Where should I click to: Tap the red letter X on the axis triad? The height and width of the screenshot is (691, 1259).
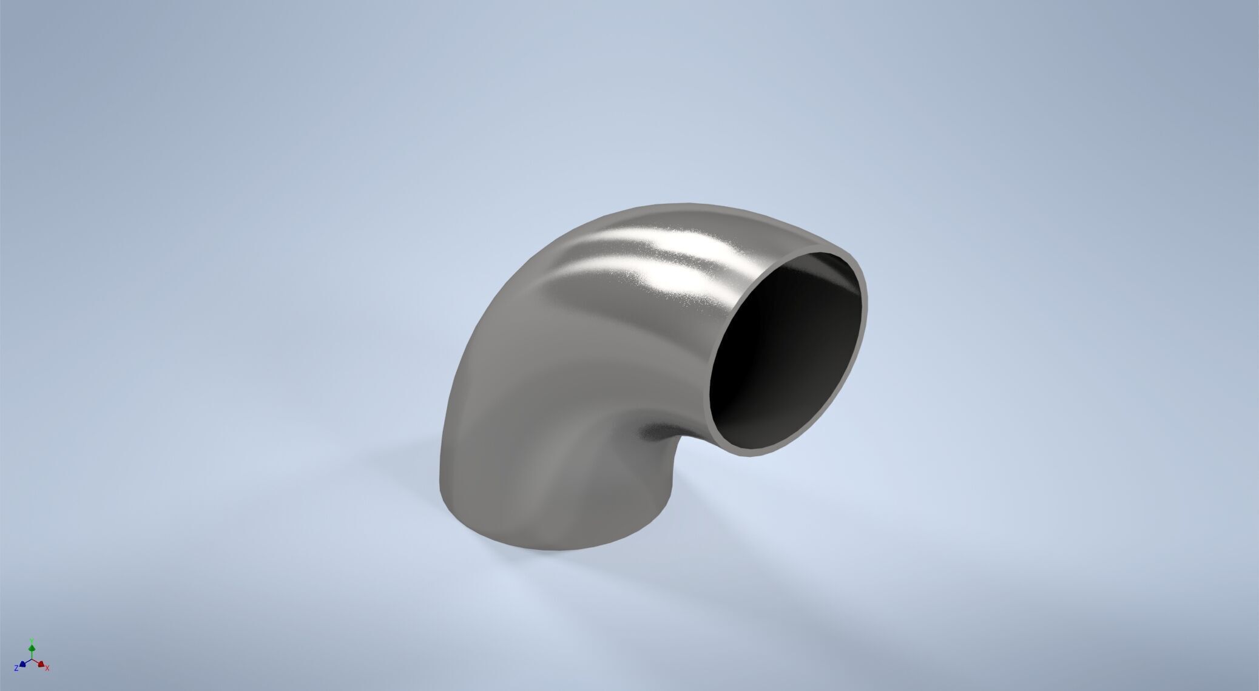[x=47, y=669]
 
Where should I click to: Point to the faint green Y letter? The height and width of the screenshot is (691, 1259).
[x=32, y=641]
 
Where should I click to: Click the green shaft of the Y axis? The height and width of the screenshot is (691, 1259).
[x=32, y=654]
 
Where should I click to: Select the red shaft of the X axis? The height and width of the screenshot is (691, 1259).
[x=36, y=662]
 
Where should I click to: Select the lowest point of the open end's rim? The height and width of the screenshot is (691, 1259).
[x=743, y=456]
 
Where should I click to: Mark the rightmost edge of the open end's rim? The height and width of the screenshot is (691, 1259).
[x=866, y=303]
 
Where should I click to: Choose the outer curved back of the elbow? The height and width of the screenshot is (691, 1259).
[x=516, y=303]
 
